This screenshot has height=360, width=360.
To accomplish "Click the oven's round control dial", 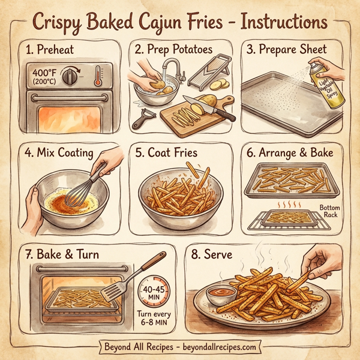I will pyautogui.click(x=72, y=76).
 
